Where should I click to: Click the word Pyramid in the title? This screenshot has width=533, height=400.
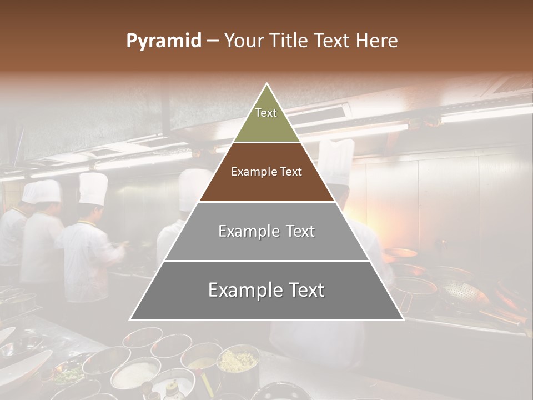pos(163,41)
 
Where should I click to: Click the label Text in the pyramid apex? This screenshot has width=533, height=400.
pos(266,113)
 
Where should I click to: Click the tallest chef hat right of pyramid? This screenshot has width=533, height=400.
pos(336,161)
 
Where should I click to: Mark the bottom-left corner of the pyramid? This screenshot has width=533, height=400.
pos(130,320)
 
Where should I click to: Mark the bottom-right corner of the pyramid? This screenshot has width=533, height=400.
pos(404,320)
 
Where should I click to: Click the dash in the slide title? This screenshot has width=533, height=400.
pos(213,41)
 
